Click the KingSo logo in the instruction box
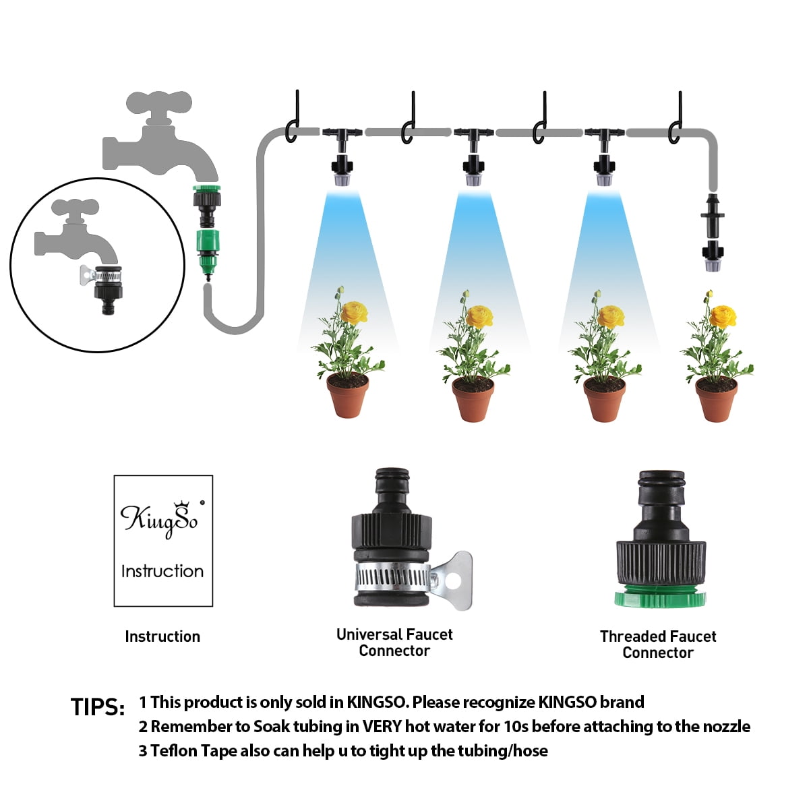(x=159, y=520)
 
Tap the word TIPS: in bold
(x=98, y=707)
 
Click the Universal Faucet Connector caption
(x=394, y=642)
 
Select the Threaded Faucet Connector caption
(x=657, y=645)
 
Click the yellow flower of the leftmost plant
(x=354, y=313)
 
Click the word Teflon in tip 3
(x=173, y=750)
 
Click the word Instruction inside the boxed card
(x=162, y=571)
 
